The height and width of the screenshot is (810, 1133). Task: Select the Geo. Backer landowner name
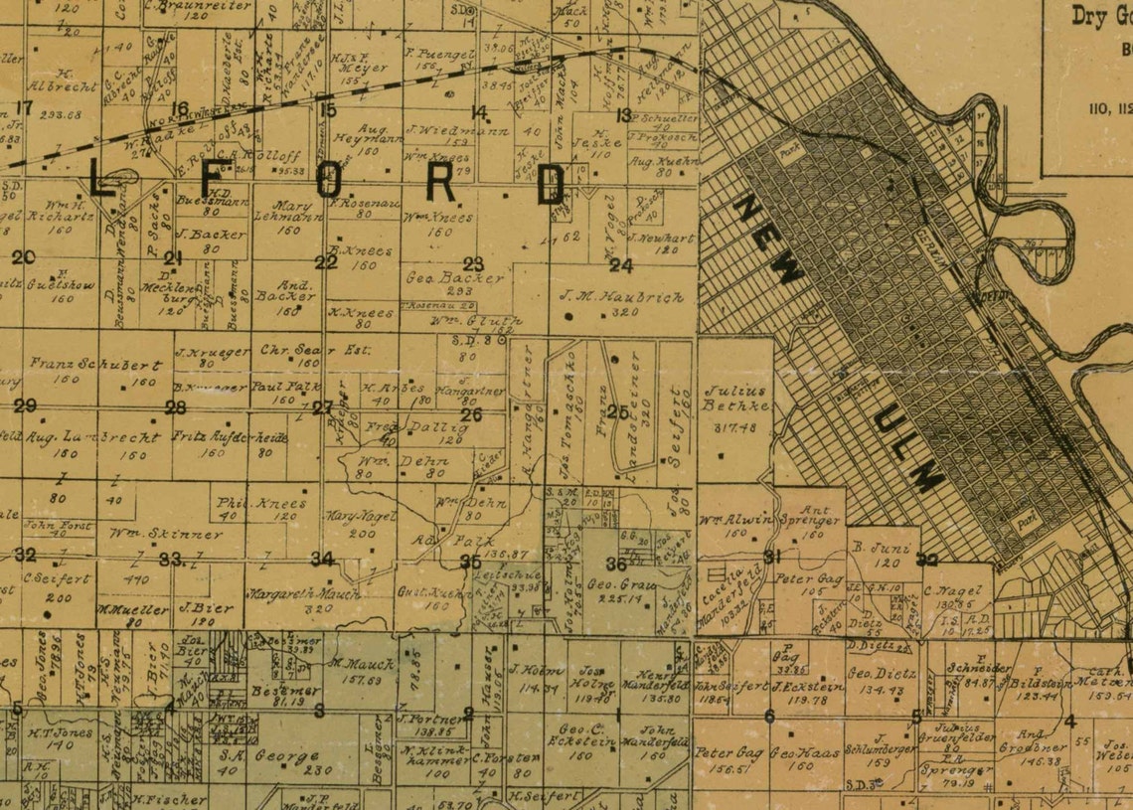pyautogui.click(x=455, y=278)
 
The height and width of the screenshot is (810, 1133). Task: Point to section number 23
pyautogui.click(x=473, y=264)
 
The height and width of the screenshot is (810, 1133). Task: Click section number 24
pyautogui.click(x=620, y=265)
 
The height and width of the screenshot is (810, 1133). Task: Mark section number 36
pyautogui.click(x=616, y=564)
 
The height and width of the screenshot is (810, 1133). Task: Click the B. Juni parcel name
pyautogui.click(x=874, y=548)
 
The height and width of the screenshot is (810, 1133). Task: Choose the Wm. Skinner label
pyautogui.click(x=152, y=534)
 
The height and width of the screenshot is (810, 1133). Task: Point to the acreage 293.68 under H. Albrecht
pyautogui.click(x=62, y=114)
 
